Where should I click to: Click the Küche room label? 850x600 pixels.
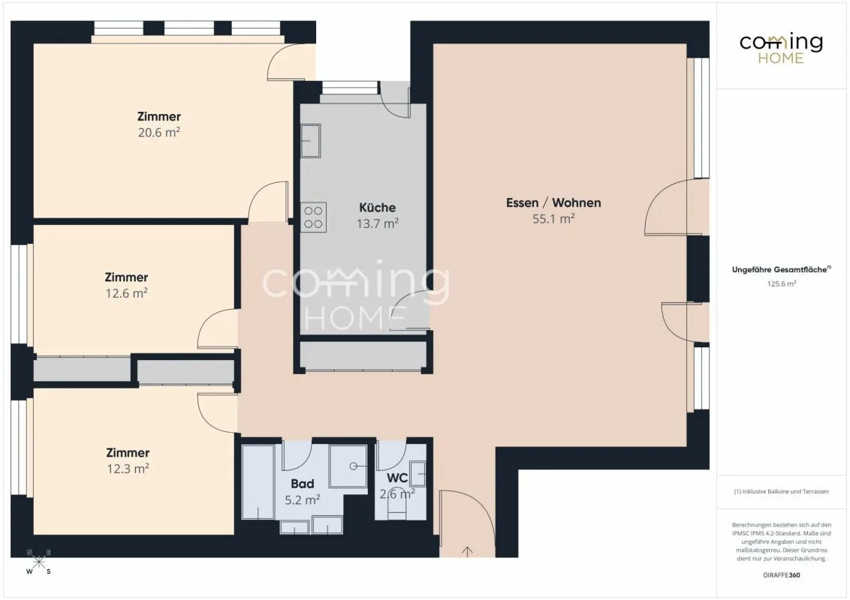(377, 208)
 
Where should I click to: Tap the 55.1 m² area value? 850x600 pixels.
(553, 219)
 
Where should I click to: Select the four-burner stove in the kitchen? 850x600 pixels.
(313, 217)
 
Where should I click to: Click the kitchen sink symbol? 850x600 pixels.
(311, 141)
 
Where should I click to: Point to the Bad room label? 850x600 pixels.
(303, 484)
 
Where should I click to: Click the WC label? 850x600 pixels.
(397, 478)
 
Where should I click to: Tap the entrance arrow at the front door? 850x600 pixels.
(467, 551)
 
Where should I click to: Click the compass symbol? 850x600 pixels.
(38, 562)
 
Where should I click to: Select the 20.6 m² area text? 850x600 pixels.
(159, 132)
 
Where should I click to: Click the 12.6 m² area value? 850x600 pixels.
(126, 293)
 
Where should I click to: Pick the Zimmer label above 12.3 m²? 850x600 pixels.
(128, 452)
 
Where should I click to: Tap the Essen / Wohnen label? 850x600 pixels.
(553, 203)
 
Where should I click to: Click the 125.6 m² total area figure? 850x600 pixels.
(781, 283)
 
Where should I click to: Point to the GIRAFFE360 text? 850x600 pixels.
(781, 575)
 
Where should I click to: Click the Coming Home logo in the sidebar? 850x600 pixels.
(781, 49)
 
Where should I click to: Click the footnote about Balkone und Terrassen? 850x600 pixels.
(781, 492)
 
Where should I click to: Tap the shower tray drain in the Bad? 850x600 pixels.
(354, 466)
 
